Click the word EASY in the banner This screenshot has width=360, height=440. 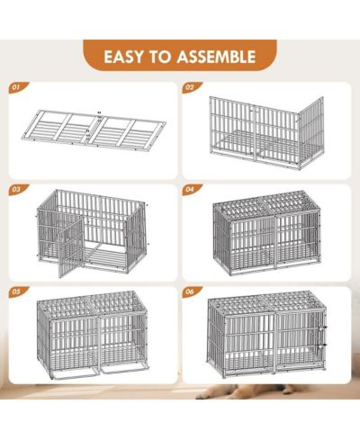coord(123,57)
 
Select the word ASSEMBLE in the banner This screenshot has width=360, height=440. coord(216,57)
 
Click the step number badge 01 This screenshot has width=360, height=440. coord(18,87)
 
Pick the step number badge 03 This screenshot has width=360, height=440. coord(18,189)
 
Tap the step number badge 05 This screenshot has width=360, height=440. coord(18,292)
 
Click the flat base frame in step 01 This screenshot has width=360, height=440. coord(94,130)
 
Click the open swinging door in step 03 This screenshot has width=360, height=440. coord(71,247)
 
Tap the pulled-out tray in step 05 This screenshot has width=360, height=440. coord(98,373)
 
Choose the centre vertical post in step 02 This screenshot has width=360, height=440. coord(256,132)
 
